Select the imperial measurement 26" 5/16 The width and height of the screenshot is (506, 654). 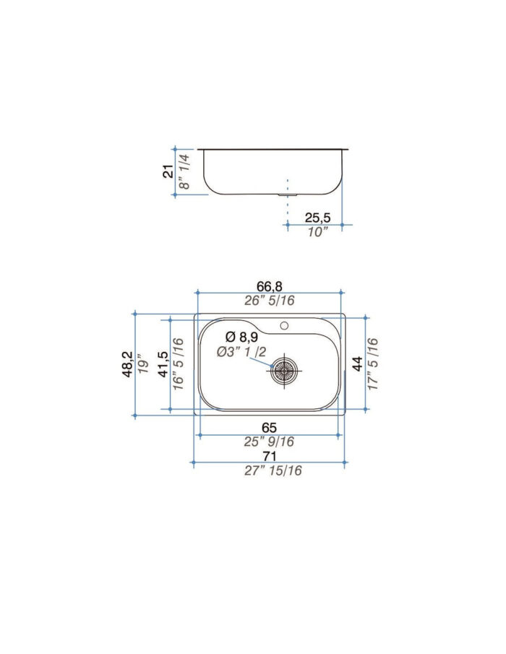coord(268,301)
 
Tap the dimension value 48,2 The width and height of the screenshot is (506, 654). coord(127,364)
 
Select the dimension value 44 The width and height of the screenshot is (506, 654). coord(357,365)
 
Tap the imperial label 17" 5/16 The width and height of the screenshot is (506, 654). coord(373,365)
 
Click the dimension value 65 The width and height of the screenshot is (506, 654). coord(269,427)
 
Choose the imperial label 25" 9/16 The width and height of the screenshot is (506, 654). coord(269,442)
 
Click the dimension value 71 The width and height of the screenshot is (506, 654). coord(269,456)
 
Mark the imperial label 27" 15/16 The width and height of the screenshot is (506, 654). coord(269,471)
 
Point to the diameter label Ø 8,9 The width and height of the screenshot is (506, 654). coord(241,337)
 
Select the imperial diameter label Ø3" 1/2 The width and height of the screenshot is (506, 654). coord(243,352)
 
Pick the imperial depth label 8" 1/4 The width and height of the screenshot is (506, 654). coord(184,171)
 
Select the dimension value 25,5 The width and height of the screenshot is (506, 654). coord(317,217)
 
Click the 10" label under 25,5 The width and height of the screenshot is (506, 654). coord(317,231)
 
